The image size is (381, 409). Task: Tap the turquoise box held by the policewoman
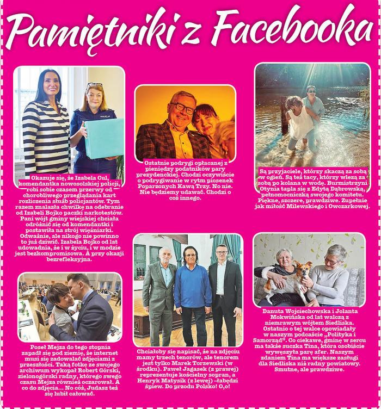(x=104, y=138)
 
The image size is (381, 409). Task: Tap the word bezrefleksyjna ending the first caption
(x=69, y=259)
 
